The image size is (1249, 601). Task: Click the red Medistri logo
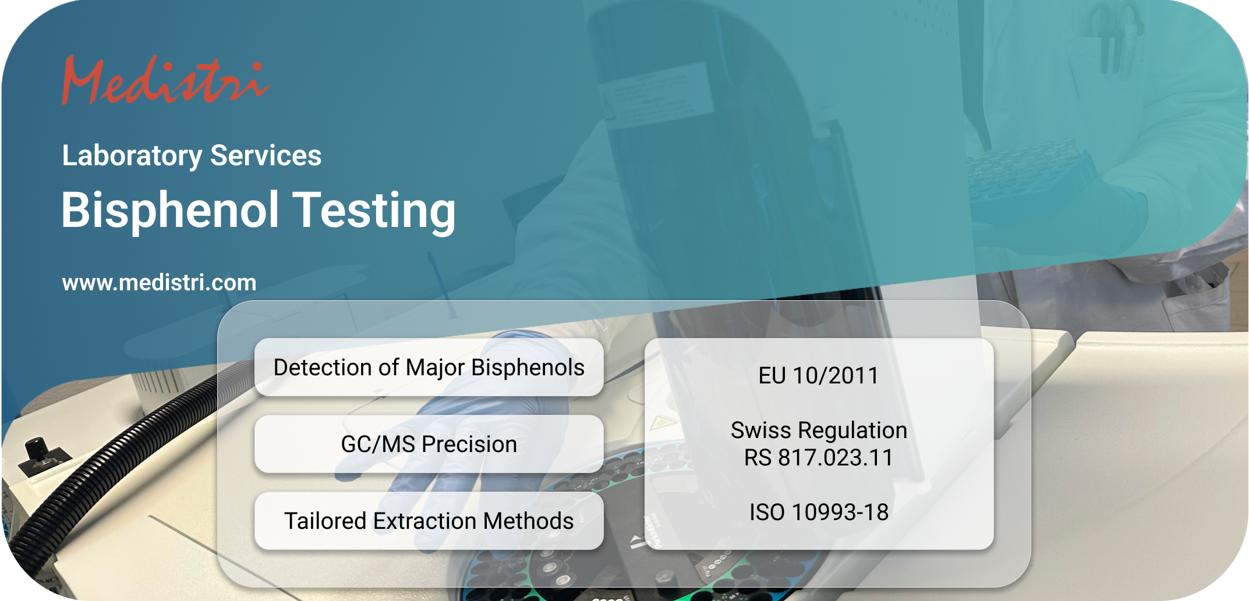click(x=165, y=81)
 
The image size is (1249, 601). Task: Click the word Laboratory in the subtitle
click(x=132, y=156)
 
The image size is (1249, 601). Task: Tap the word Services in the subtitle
click(x=266, y=156)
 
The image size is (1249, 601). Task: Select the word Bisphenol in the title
click(x=170, y=211)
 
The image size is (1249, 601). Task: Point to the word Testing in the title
click(x=374, y=211)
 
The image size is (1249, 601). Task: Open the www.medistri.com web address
click(x=159, y=283)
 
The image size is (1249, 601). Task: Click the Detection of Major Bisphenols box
click(x=429, y=368)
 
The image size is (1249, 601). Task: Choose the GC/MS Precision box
click(x=429, y=444)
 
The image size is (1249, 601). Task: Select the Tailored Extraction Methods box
click(x=429, y=521)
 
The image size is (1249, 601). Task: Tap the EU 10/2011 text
click(x=818, y=376)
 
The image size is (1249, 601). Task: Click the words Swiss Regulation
click(x=819, y=431)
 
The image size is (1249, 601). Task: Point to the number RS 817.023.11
click(x=819, y=458)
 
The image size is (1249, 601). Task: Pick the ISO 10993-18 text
click(x=819, y=513)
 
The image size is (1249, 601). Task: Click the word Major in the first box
click(x=435, y=368)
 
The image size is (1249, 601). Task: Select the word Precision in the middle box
click(x=469, y=444)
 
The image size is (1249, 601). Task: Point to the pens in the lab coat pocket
click(x=1115, y=41)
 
